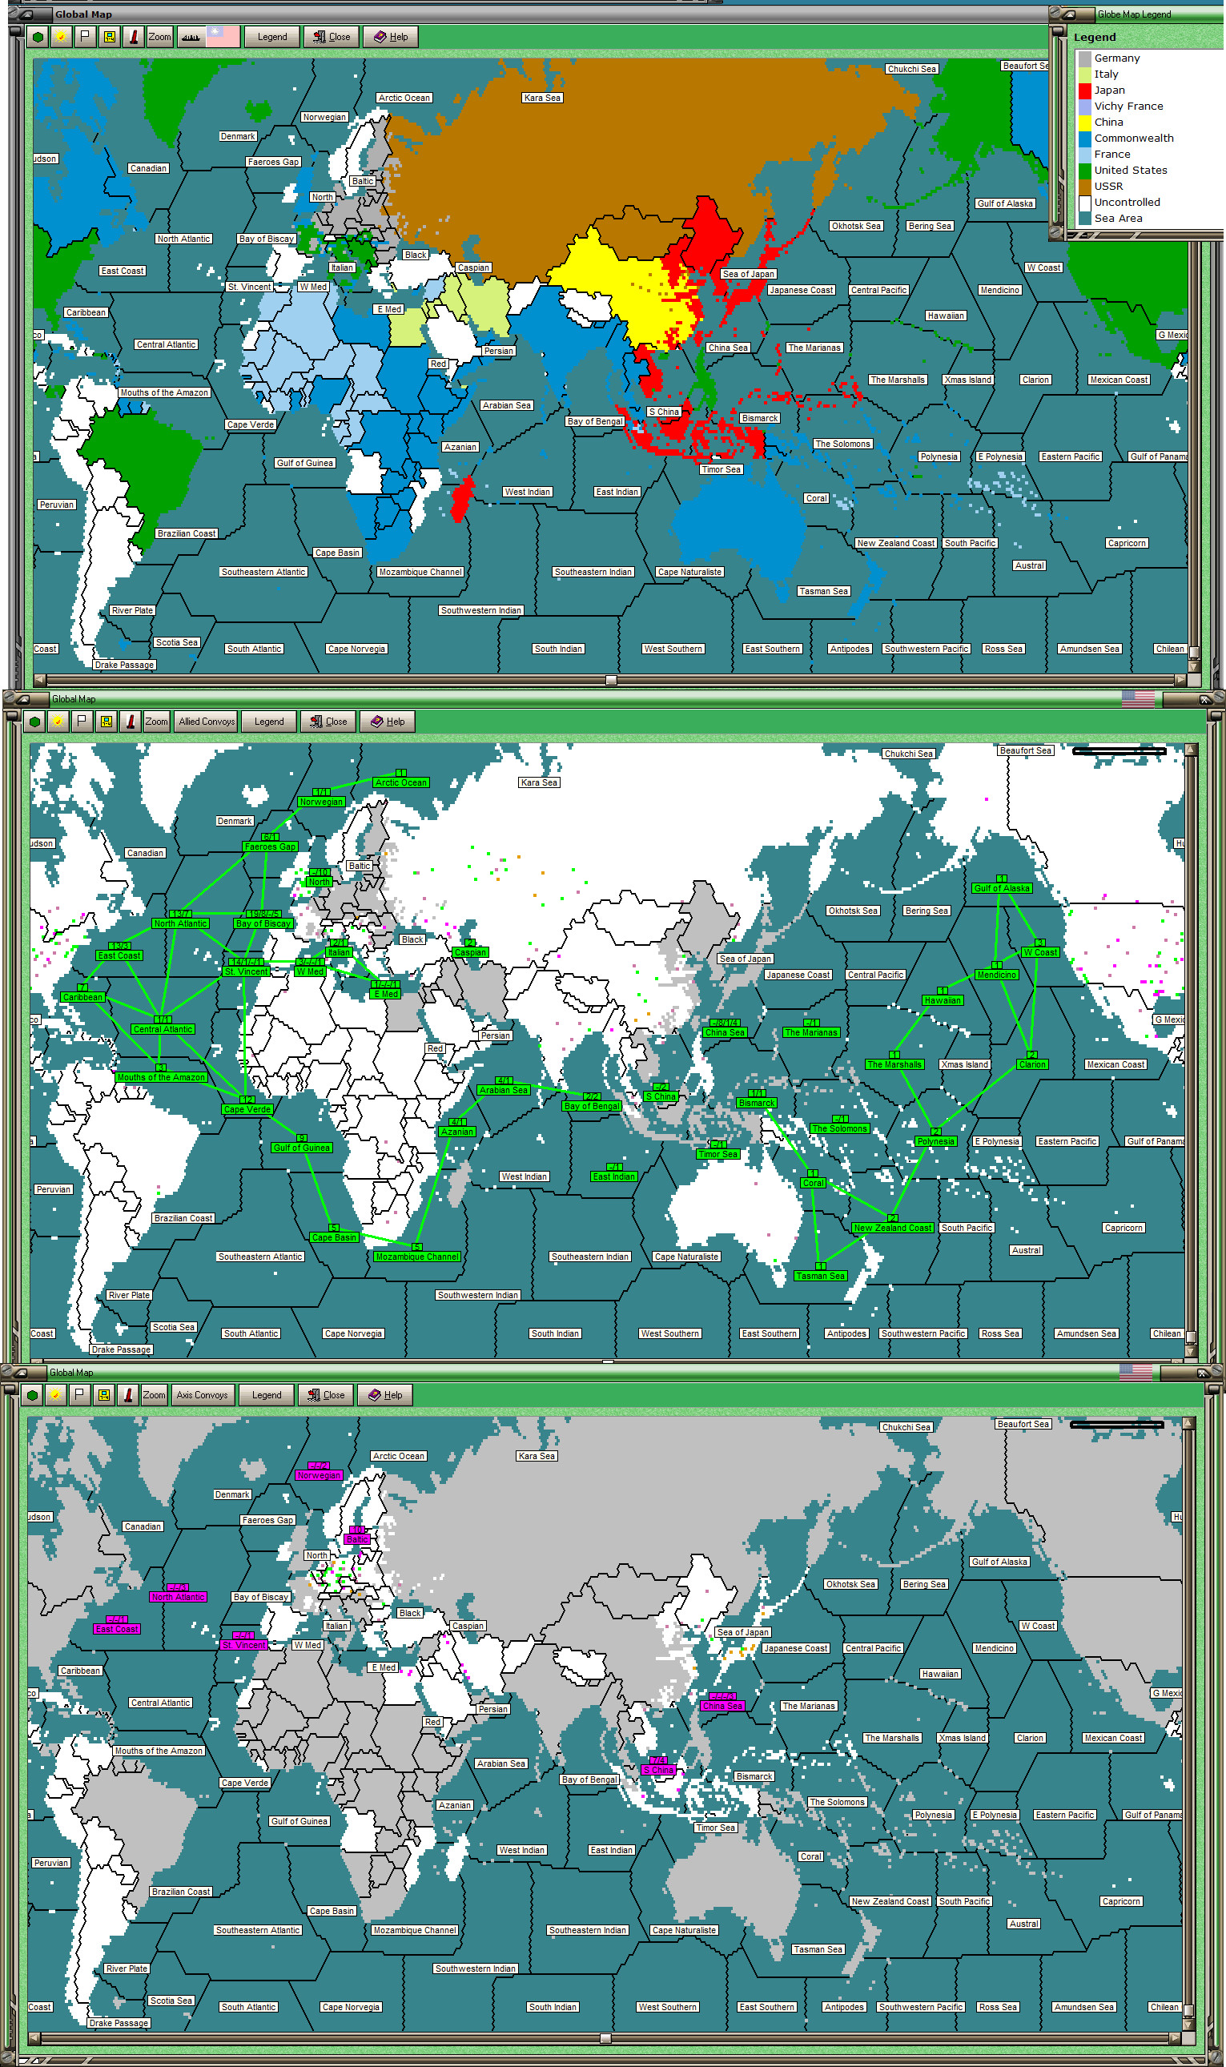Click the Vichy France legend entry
tap(1128, 106)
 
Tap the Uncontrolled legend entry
tap(1126, 202)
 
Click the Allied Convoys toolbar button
tap(207, 722)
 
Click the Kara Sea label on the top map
tap(542, 98)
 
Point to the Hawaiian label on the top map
tap(945, 316)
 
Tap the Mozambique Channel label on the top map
tap(420, 572)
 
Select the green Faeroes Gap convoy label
tap(270, 846)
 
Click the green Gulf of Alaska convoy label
tap(1001, 888)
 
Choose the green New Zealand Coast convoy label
tap(891, 1228)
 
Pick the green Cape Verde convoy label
tap(247, 1108)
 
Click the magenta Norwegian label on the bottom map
tap(318, 1474)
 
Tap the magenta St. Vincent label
tap(243, 1645)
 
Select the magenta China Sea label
tap(722, 1706)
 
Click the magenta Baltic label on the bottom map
tap(357, 1539)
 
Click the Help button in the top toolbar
tap(390, 36)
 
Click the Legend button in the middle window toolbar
tap(268, 722)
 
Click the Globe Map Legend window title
tap(1132, 14)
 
